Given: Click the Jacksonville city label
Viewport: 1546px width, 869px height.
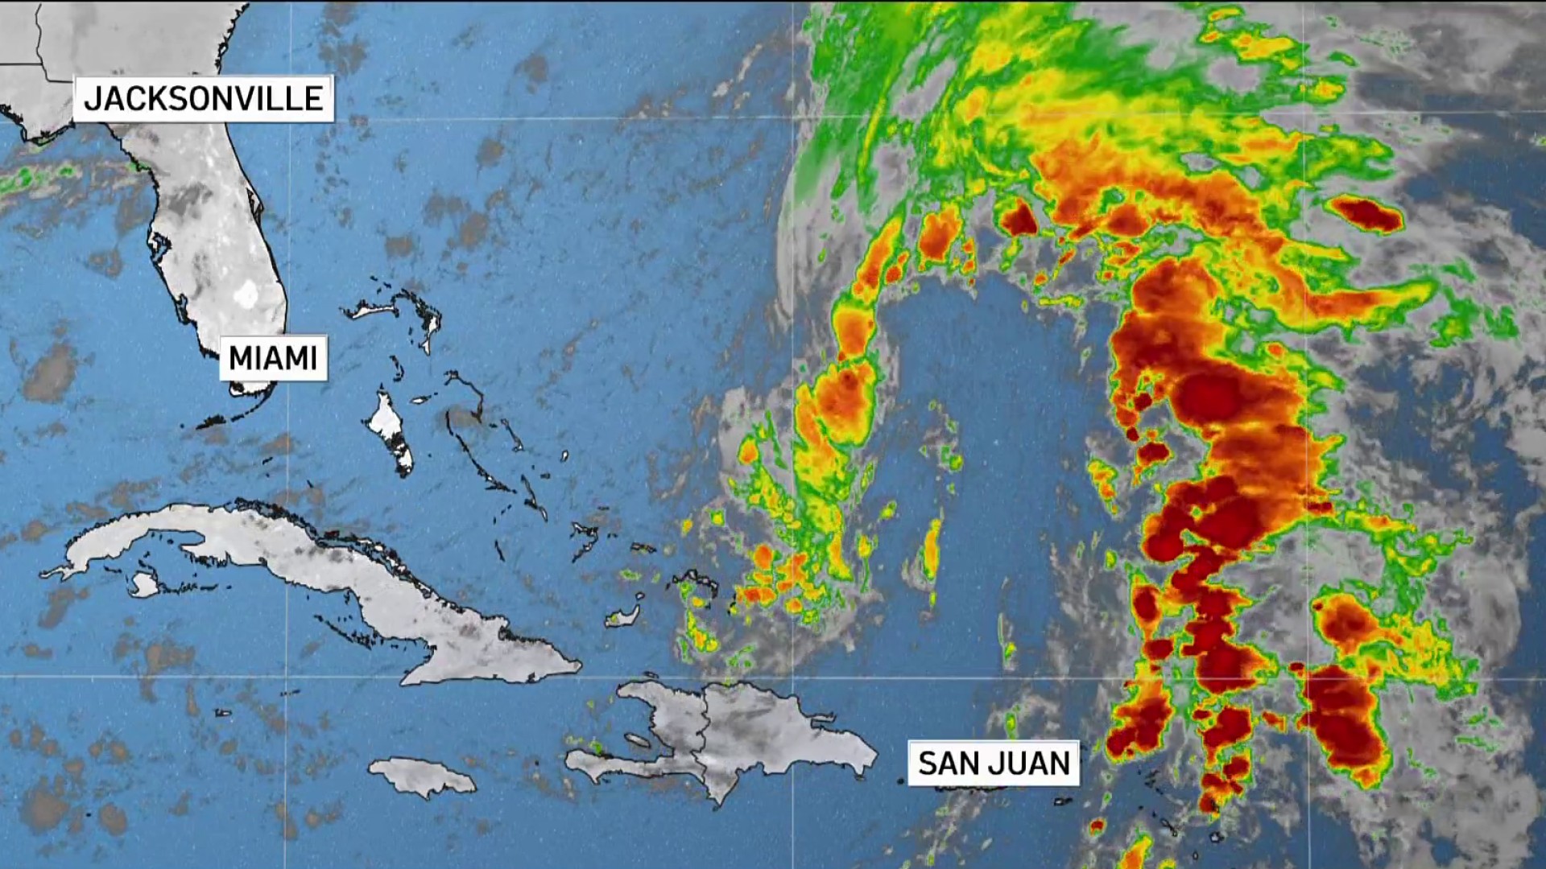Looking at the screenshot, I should tap(203, 98).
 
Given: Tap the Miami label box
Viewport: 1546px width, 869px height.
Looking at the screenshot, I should tap(273, 357).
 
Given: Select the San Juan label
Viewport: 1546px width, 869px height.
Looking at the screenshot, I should tap(994, 763).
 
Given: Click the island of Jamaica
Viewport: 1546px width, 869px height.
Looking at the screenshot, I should tap(423, 776).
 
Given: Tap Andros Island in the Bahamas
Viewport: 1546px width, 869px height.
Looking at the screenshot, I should tap(389, 430).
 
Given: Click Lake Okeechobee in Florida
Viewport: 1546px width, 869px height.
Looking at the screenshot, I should tap(246, 294).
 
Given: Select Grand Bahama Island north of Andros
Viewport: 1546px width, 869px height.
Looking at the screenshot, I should tap(378, 309).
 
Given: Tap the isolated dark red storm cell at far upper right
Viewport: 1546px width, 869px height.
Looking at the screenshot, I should tap(1369, 213).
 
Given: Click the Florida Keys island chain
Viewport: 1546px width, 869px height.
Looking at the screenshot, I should tap(234, 414).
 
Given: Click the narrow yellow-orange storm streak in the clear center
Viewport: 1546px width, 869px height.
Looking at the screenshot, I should tap(932, 547).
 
